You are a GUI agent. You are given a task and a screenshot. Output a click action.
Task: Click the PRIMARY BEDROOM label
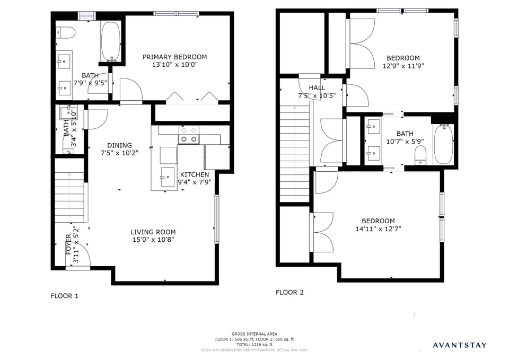click(x=174, y=57)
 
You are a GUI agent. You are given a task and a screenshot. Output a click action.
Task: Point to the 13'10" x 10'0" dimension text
click(x=174, y=65)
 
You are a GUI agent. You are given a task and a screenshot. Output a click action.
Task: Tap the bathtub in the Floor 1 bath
click(x=111, y=41)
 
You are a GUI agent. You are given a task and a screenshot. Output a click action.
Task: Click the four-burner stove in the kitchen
click(x=189, y=135)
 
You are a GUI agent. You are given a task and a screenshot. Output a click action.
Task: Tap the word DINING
click(x=119, y=145)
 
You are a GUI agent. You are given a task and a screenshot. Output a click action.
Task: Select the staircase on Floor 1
click(x=69, y=196)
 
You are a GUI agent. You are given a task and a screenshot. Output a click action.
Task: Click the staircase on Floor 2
click(x=294, y=154)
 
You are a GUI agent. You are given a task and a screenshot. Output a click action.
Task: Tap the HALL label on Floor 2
click(x=317, y=87)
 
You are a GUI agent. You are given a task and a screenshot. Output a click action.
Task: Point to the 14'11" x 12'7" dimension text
click(x=378, y=230)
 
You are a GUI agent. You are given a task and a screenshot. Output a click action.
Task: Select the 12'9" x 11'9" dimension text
click(x=403, y=66)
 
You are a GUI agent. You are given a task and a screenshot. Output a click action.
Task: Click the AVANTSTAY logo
click(x=459, y=345)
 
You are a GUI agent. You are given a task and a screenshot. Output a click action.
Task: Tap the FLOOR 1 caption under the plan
click(x=64, y=296)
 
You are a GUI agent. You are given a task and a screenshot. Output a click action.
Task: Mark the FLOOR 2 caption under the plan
click(x=289, y=292)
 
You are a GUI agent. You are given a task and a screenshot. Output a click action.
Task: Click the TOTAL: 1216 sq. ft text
click(x=254, y=345)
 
